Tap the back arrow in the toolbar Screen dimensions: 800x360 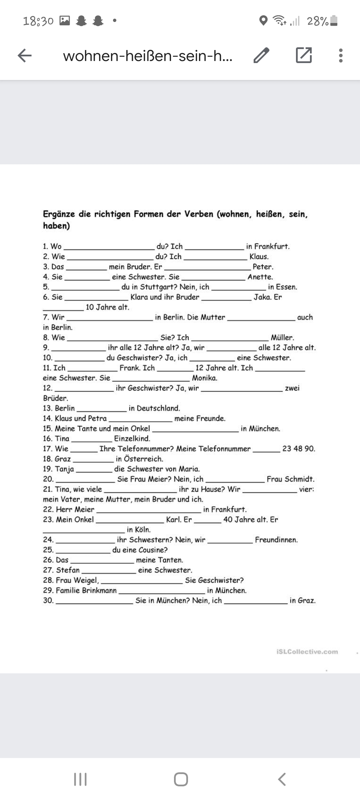[x=25, y=55]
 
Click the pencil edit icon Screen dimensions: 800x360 [x=261, y=55]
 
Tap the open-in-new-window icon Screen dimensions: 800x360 [x=304, y=55]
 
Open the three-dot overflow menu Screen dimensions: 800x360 [x=340, y=55]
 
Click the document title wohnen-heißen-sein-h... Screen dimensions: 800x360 [x=148, y=56]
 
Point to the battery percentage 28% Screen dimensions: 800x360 [x=318, y=21]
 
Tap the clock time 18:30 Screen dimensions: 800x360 [x=38, y=21]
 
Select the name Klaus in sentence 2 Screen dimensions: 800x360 [x=259, y=257]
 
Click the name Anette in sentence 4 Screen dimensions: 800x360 [x=260, y=277]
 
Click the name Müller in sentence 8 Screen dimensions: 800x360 [x=282, y=338]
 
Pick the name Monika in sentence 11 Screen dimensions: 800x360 [x=204, y=378]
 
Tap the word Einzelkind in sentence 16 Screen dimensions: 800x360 [x=132, y=439]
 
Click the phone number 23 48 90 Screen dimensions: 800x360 [x=298, y=449]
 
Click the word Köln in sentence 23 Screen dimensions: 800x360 [x=143, y=530]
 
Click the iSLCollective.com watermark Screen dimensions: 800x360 [x=307, y=652]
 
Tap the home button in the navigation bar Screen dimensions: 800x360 [x=181, y=779]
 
